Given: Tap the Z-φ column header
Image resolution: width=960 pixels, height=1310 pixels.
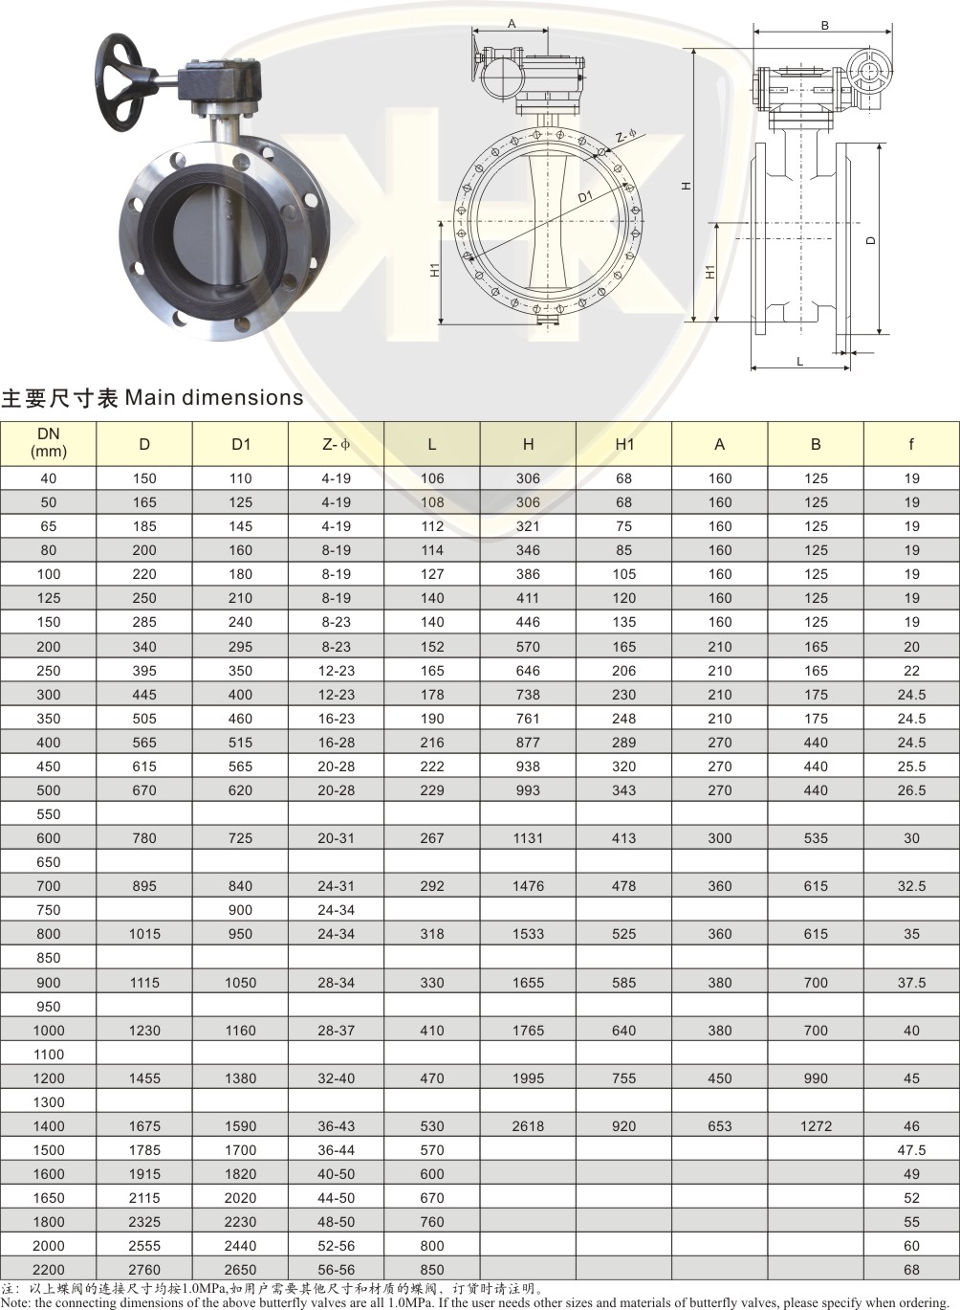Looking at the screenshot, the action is tap(336, 444).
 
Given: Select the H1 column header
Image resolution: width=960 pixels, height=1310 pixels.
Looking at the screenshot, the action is tap(624, 444).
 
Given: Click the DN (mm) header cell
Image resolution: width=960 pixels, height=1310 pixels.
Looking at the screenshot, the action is tap(49, 442).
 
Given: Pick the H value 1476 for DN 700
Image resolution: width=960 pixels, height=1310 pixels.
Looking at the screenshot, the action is tap(528, 886).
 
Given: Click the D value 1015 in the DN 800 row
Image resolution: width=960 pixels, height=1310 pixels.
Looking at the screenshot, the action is tap(144, 934).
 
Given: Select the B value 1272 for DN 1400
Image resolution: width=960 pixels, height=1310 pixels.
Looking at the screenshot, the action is tap(816, 1125).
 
